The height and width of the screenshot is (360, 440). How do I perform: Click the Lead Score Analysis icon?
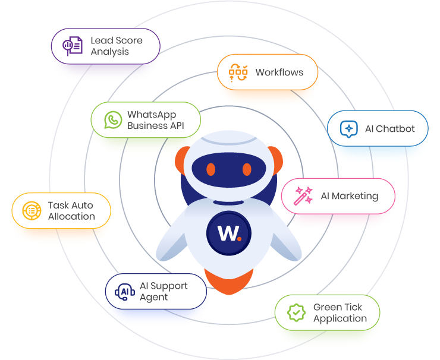tap(73, 46)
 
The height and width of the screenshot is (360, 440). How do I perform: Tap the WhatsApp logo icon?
tap(113, 120)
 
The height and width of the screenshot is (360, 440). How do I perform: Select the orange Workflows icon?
tap(238, 72)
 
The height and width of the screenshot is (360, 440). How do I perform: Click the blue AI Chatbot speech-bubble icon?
tap(348, 129)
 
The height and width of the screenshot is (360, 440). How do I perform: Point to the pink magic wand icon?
tap(303, 196)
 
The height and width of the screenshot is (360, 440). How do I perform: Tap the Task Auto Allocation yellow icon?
tap(32, 211)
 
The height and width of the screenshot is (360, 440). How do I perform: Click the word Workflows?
tap(279, 72)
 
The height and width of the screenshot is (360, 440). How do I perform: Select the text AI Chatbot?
tap(389, 129)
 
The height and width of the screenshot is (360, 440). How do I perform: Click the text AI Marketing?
tap(349, 196)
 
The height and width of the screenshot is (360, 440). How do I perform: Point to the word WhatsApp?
tap(152, 115)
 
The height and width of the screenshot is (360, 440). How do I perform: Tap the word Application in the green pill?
tap(340, 318)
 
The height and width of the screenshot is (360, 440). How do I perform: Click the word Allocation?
tap(71, 217)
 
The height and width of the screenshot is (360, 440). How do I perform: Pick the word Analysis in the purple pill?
tap(109, 52)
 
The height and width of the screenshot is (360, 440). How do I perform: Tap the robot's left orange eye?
tap(211, 169)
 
